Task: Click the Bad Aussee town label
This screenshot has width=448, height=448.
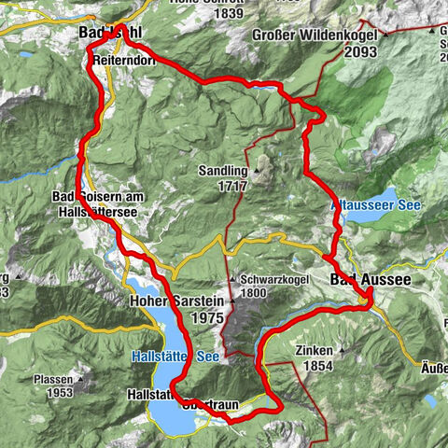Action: point(371,279)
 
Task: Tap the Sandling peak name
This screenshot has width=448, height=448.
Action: point(222,172)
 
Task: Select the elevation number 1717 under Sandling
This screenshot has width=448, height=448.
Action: point(232,186)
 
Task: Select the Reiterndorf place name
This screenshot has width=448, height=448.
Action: point(123,60)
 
